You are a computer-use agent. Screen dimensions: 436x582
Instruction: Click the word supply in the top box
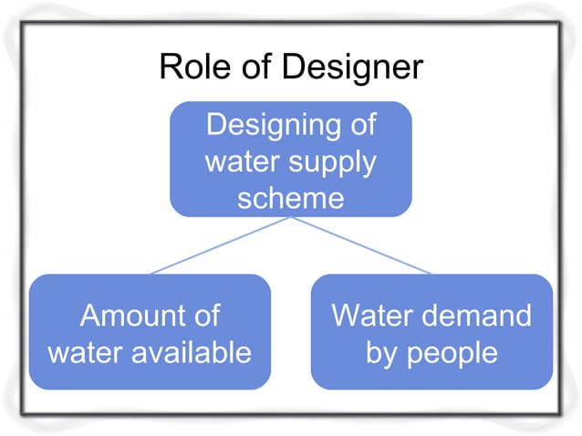coord(332,162)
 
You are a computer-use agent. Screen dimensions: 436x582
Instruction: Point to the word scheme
coord(290,196)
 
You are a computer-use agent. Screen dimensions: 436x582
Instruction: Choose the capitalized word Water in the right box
coord(369,317)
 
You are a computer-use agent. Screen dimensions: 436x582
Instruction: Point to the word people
coord(453,352)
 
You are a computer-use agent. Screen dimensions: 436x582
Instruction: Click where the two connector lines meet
coord(290,218)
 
